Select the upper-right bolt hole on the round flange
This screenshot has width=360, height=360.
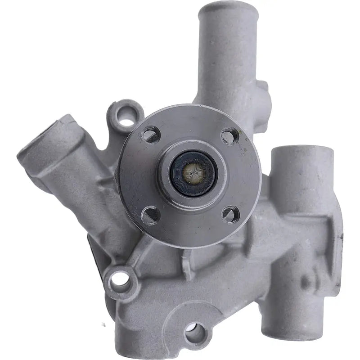coord(229,136)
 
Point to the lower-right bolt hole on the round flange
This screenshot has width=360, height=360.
coord(230,215)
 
